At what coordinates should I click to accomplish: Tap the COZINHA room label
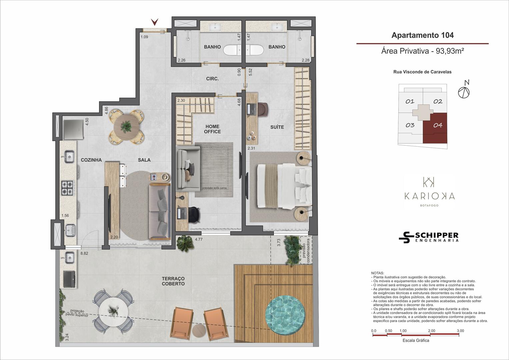coord(91,160)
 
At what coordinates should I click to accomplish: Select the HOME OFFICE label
coord(212,129)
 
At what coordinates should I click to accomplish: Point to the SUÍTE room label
coord(277,127)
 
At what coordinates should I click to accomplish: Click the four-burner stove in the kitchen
coord(68,188)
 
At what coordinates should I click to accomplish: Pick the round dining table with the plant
coord(127,127)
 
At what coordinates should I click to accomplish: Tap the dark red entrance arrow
coord(155,22)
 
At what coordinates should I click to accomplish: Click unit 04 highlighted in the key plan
coord(435,128)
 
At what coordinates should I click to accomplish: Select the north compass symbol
coord(464,90)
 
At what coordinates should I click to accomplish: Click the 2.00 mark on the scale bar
coord(432,331)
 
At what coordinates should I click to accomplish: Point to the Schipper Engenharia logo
coord(429,237)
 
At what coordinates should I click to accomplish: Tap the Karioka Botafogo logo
coord(429,192)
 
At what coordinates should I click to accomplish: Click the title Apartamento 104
coord(422,35)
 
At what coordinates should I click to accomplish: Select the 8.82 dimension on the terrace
coord(84,253)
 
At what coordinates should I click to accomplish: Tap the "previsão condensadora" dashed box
coord(306,250)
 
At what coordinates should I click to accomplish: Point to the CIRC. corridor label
coord(212,79)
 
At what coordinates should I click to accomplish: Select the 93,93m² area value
coord(450,51)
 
